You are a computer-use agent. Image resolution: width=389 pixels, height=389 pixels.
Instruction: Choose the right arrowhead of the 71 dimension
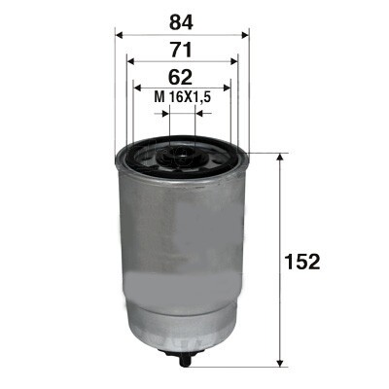pyautogui.click(x=235, y=61)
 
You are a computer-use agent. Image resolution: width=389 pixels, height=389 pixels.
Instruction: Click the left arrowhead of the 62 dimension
pyautogui.click(x=137, y=89)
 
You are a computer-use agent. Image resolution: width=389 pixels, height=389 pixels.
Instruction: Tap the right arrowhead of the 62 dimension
pyautogui.click(x=229, y=89)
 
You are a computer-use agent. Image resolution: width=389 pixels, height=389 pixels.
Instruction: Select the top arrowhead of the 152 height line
pyautogui.click(x=281, y=156)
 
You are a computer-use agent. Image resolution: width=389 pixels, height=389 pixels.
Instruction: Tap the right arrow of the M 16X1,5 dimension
pyautogui.click(x=198, y=113)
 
